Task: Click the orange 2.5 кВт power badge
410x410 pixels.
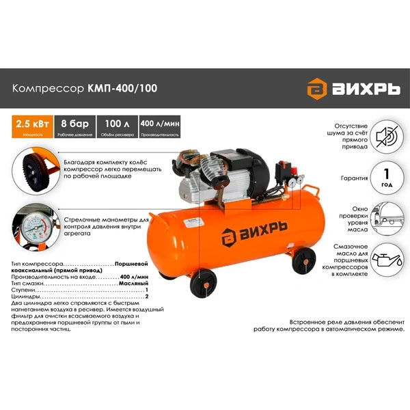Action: tap(29, 126)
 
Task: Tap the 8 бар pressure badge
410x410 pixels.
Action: tap(73, 126)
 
